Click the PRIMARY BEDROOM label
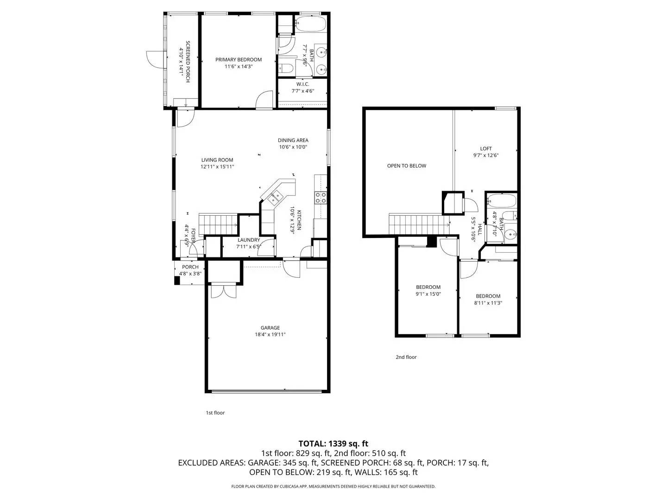click(x=239, y=60)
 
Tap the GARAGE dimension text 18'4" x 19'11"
click(x=270, y=335)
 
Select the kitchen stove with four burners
click(x=321, y=198)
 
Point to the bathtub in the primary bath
click(x=310, y=23)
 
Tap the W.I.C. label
click(x=302, y=84)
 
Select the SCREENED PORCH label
click(x=188, y=62)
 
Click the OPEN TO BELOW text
click(x=407, y=166)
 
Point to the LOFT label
click(x=486, y=149)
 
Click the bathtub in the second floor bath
click(x=501, y=201)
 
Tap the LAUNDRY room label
click(x=249, y=240)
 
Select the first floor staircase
click(x=218, y=224)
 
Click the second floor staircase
click(x=417, y=225)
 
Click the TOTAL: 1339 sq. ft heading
click(x=333, y=444)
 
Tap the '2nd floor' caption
click(x=406, y=357)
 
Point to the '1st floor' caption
click(x=215, y=412)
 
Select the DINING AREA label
click(x=293, y=140)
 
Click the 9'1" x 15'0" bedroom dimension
click(x=428, y=294)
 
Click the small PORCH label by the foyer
click(x=190, y=267)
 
